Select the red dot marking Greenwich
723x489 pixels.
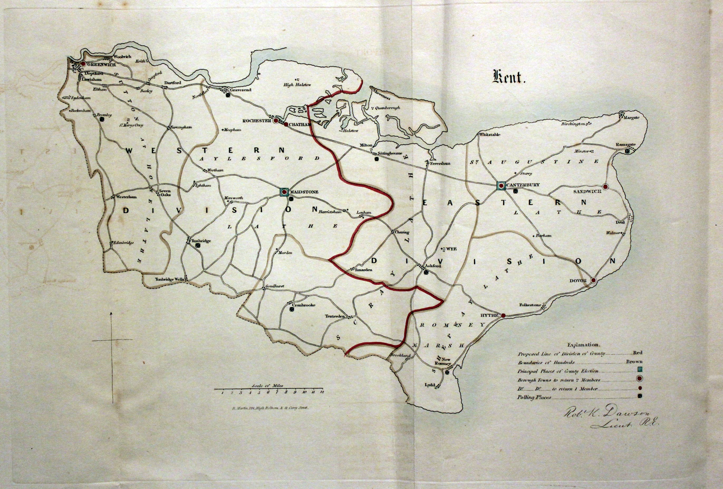pyautogui.click(x=83, y=63)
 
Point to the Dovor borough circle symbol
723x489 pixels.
pyautogui.click(x=593, y=280)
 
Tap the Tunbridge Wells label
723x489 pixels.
pyautogui.click(x=170, y=279)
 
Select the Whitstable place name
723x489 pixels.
pyautogui.click(x=490, y=135)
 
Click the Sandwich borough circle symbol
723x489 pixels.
pyautogui.click(x=605, y=186)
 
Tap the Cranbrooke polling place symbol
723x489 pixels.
pyautogui.click(x=292, y=309)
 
